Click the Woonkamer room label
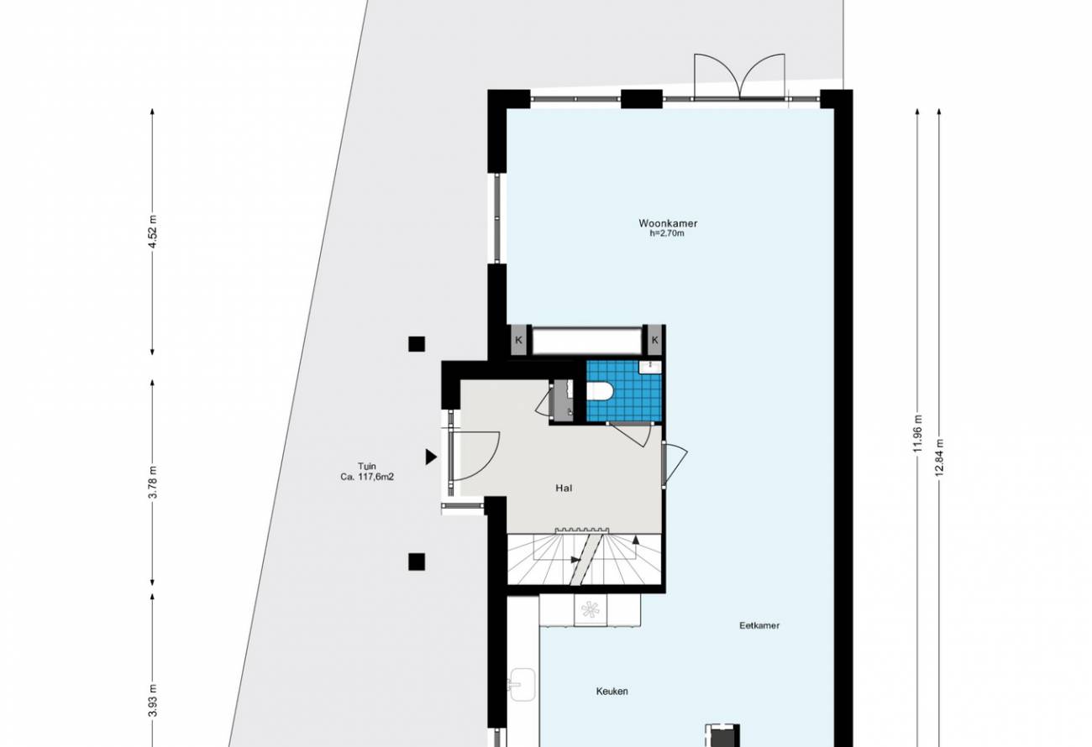(x=668, y=223)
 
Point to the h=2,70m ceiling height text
(x=667, y=233)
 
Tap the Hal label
(x=564, y=488)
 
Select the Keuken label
(x=612, y=692)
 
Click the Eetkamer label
(x=759, y=626)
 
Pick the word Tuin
(x=366, y=466)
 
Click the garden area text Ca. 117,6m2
(x=367, y=478)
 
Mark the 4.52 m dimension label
(x=153, y=232)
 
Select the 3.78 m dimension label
(x=153, y=482)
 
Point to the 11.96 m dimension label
(x=918, y=433)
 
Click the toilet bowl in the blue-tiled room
(x=599, y=391)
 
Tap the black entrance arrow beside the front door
(x=430, y=457)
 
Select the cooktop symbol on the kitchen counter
(x=591, y=609)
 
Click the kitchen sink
(x=523, y=685)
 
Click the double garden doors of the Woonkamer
(x=739, y=76)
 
